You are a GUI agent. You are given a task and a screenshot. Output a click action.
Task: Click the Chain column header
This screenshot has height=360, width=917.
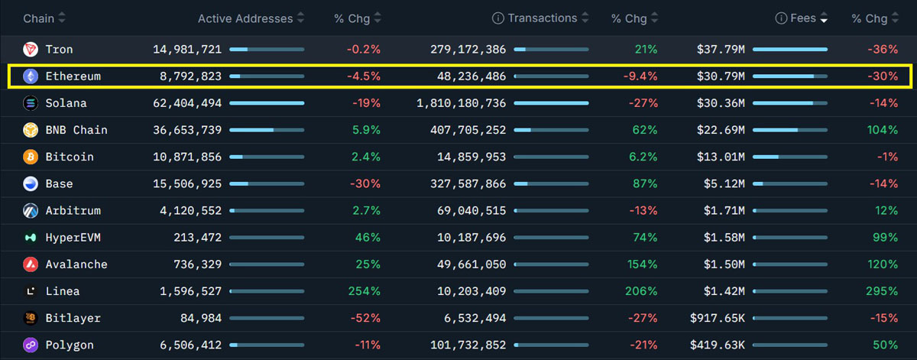coord(38,18)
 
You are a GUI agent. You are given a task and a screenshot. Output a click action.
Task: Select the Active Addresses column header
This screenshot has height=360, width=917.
coord(245,18)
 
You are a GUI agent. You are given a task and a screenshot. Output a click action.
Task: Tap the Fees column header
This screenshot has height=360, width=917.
coord(803,18)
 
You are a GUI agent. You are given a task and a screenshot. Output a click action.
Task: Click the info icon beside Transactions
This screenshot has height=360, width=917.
coord(498,18)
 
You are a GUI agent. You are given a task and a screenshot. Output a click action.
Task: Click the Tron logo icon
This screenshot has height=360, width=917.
coord(31,50)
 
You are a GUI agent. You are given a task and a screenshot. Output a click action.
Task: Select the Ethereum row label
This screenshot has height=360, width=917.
coord(73,76)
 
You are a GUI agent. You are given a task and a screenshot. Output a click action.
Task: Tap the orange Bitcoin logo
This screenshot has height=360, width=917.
coord(31,157)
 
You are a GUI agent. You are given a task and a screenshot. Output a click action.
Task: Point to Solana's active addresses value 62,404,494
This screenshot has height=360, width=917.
coord(187,103)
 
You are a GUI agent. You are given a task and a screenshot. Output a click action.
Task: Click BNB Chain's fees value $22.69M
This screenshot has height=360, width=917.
coord(721,130)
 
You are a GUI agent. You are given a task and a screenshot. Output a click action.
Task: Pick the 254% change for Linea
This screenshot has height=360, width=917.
coord(365,291)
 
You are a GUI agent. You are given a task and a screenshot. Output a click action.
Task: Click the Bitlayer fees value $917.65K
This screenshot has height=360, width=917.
coord(717,318)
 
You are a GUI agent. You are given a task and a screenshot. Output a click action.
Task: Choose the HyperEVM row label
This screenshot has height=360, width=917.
coord(73,238)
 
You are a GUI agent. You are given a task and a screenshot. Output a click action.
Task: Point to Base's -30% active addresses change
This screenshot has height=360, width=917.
coord(365,183)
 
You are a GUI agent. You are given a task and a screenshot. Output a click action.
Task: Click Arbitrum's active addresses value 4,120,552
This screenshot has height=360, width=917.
coord(190,211)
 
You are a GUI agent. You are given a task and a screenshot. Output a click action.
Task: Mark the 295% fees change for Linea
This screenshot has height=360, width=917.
coord(882,291)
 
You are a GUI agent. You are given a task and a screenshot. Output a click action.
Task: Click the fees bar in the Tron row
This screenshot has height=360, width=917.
coord(790,50)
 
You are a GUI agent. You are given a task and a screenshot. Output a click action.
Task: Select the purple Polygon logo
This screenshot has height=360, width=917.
coord(31,345)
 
